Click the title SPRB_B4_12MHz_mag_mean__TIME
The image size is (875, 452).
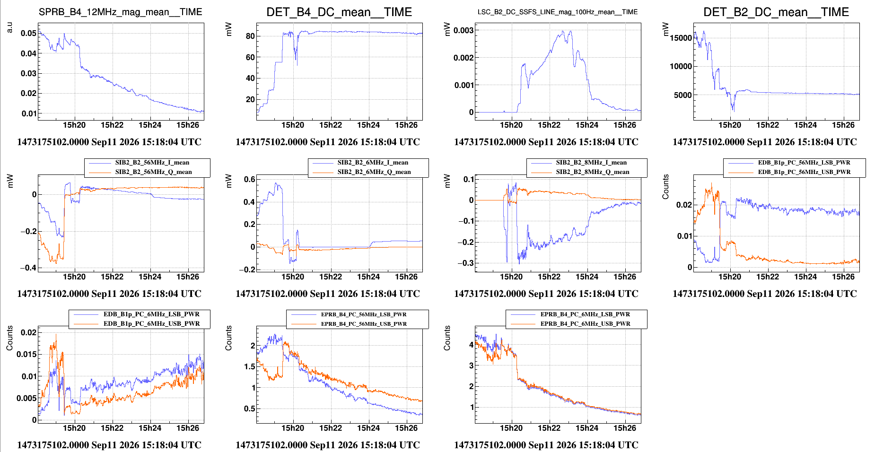[121, 12]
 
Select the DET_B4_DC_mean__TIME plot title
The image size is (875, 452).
[339, 12]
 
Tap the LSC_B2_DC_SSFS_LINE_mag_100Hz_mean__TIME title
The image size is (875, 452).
[558, 12]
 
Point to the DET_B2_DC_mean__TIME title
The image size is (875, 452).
[776, 12]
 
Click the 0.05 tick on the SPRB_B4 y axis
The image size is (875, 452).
[28, 33]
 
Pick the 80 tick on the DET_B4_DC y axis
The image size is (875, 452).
[250, 36]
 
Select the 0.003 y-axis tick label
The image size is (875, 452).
[464, 30]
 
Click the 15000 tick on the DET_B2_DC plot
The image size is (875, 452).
[681, 38]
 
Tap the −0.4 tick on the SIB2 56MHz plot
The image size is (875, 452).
[28, 268]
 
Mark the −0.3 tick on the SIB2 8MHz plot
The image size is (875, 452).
[465, 263]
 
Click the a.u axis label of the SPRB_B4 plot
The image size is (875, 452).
[9, 27]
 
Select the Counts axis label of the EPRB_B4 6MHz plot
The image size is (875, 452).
[447, 338]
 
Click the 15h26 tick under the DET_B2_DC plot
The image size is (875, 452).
[843, 125]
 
